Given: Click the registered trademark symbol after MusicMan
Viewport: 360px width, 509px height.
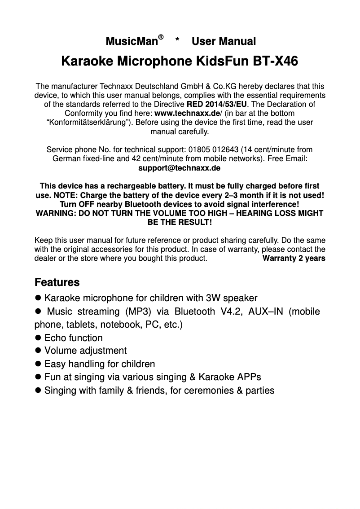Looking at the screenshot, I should pyautogui.click(x=161, y=37).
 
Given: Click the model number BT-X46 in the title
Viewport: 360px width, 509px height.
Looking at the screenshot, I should pyautogui.click(x=274, y=61).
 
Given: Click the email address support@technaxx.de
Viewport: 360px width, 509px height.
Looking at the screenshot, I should pyautogui.click(x=179, y=168).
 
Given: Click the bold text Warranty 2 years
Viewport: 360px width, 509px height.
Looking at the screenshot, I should pyautogui.click(x=294, y=259).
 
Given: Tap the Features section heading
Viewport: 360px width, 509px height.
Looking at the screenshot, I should pyautogui.click(x=57, y=283).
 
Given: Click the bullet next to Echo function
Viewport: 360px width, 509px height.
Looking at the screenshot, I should pyautogui.click(x=38, y=338).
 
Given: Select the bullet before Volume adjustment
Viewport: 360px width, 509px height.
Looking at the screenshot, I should pyautogui.click(x=38, y=351).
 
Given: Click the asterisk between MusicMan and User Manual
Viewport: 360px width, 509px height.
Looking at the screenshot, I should pyautogui.click(x=178, y=41).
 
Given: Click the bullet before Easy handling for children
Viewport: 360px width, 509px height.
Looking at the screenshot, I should pyautogui.click(x=38, y=364).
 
